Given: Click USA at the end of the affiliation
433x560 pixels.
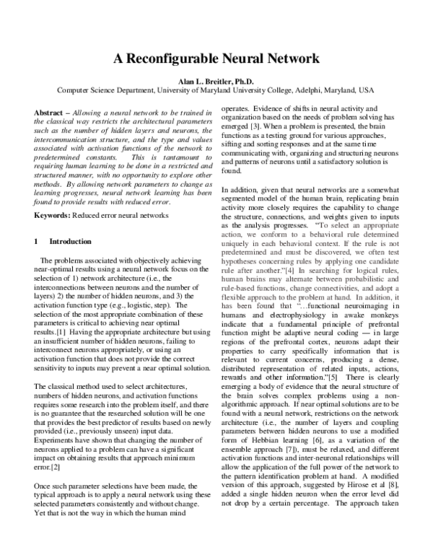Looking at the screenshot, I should (x=367, y=91).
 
